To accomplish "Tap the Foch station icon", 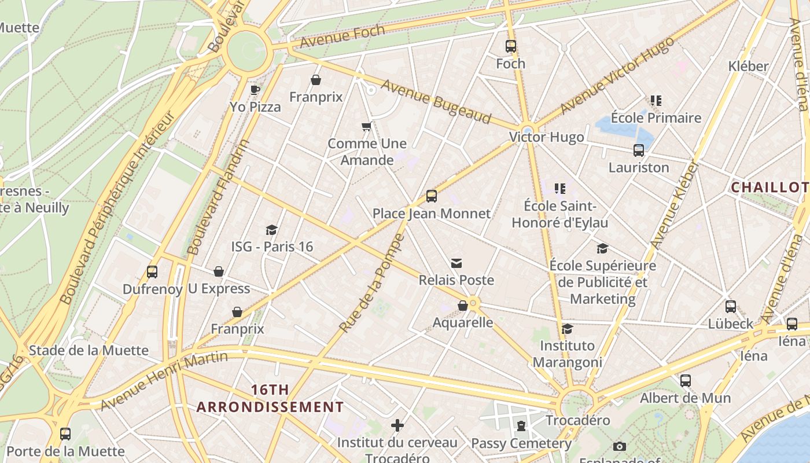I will (510, 46).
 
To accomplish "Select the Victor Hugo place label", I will (546, 137).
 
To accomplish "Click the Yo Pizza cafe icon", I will (255, 90).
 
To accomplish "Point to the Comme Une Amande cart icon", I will (366, 127).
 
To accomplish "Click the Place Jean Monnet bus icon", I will (431, 196).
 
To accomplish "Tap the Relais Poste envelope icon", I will (456, 263).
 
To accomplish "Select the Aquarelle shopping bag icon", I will (463, 306).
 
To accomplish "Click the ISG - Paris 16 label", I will (272, 247).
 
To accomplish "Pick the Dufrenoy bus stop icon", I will (152, 272).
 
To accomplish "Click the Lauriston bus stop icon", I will (639, 150).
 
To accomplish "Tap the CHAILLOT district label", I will (769, 188).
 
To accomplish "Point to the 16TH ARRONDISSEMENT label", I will (270, 398).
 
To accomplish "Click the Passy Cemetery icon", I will (521, 427).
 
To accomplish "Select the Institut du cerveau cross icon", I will (397, 425).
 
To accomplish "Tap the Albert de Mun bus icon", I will (686, 381).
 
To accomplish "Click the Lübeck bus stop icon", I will (731, 307).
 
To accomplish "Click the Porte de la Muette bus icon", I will (65, 434).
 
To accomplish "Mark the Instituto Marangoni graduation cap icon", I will (567, 329).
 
